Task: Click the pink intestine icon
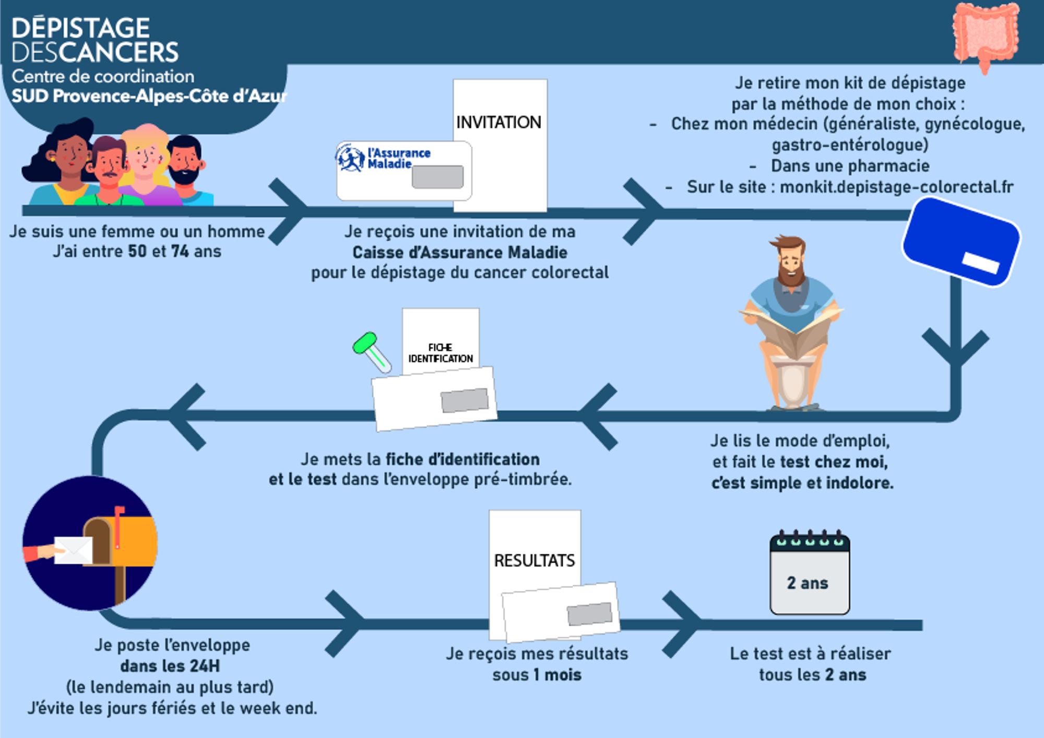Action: pyautogui.click(x=986, y=34)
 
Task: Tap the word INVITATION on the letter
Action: pyautogui.click(x=499, y=122)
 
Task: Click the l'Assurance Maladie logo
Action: pyautogui.click(x=384, y=158)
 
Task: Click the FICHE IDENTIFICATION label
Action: pyautogui.click(x=441, y=353)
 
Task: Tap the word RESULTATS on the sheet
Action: pyautogui.click(x=534, y=561)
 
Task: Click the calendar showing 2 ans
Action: pyautogui.click(x=810, y=574)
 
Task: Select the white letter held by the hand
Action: pyautogui.click(x=73, y=551)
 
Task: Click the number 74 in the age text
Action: pyautogui.click(x=180, y=251)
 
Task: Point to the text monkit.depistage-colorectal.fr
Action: pyautogui.click(x=896, y=187)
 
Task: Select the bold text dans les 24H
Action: pyautogui.click(x=170, y=666)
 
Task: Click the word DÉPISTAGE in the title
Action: pyautogui.click(x=81, y=28)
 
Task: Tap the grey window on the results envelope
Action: pyautogui.click(x=589, y=613)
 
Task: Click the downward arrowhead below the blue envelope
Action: pyautogui.click(x=956, y=347)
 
